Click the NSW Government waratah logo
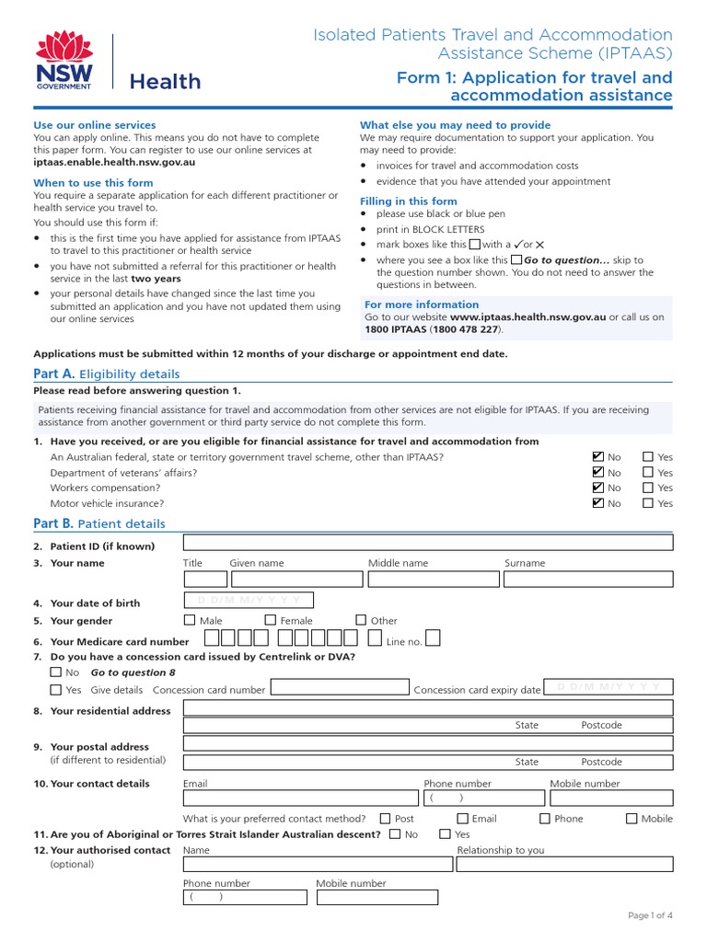[x=64, y=60]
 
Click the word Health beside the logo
[x=165, y=82]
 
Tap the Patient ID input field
[x=427, y=542]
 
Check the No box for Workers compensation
[x=598, y=488]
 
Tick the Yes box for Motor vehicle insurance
[x=648, y=503]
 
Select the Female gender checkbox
[x=271, y=620]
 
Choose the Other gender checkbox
[x=361, y=620]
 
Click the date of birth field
[x=249, y=601]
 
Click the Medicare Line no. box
[x=433, y=638]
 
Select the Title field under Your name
[x=205, y=579]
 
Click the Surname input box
[x=587, y=579]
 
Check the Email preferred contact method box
[x=462, y=818]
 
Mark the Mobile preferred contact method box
[x=632, y=818]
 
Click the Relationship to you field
[x=564, y=865]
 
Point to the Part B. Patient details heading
[x=99, y=523]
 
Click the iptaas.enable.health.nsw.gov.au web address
[x=114, y=162]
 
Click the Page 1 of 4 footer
[x=650, y=915]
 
